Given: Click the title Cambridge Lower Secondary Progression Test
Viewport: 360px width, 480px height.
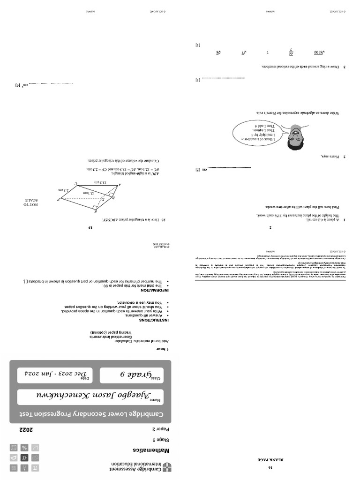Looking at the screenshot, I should pos(90,414).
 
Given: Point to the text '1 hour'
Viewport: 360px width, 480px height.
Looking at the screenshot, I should pos(162,350).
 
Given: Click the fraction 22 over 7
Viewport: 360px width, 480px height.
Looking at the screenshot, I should pos(291,53).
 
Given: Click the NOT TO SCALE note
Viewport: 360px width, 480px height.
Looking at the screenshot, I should pos(30,202).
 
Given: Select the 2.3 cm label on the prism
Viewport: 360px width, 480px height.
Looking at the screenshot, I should pos(64,190).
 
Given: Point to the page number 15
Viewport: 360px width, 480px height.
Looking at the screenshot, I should pos(90,228).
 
